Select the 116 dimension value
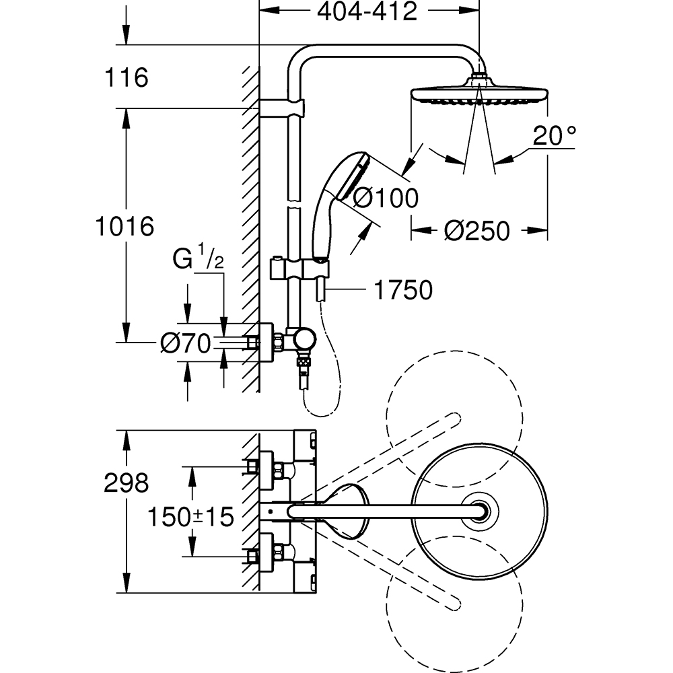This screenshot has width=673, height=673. point(126,78)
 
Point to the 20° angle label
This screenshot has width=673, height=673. point(554,137)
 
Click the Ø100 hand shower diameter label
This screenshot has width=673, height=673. point(385,198)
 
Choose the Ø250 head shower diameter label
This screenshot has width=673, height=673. point(476,232)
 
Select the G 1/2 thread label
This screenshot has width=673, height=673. point(199,260)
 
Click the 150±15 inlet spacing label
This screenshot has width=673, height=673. point(190,517)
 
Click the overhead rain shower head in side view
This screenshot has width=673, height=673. point(478,95)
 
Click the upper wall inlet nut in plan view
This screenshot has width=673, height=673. point(254,466)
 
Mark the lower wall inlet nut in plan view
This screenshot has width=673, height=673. point(254,557)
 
